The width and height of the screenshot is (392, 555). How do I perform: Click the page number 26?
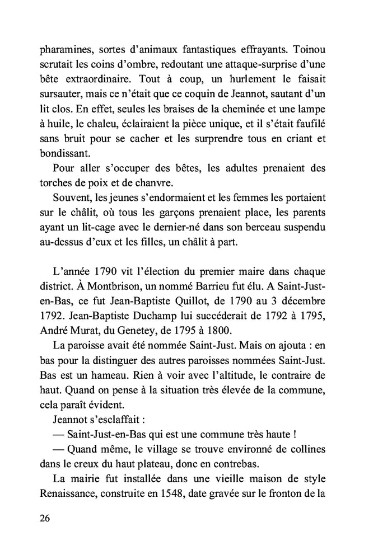coord(46,518)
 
